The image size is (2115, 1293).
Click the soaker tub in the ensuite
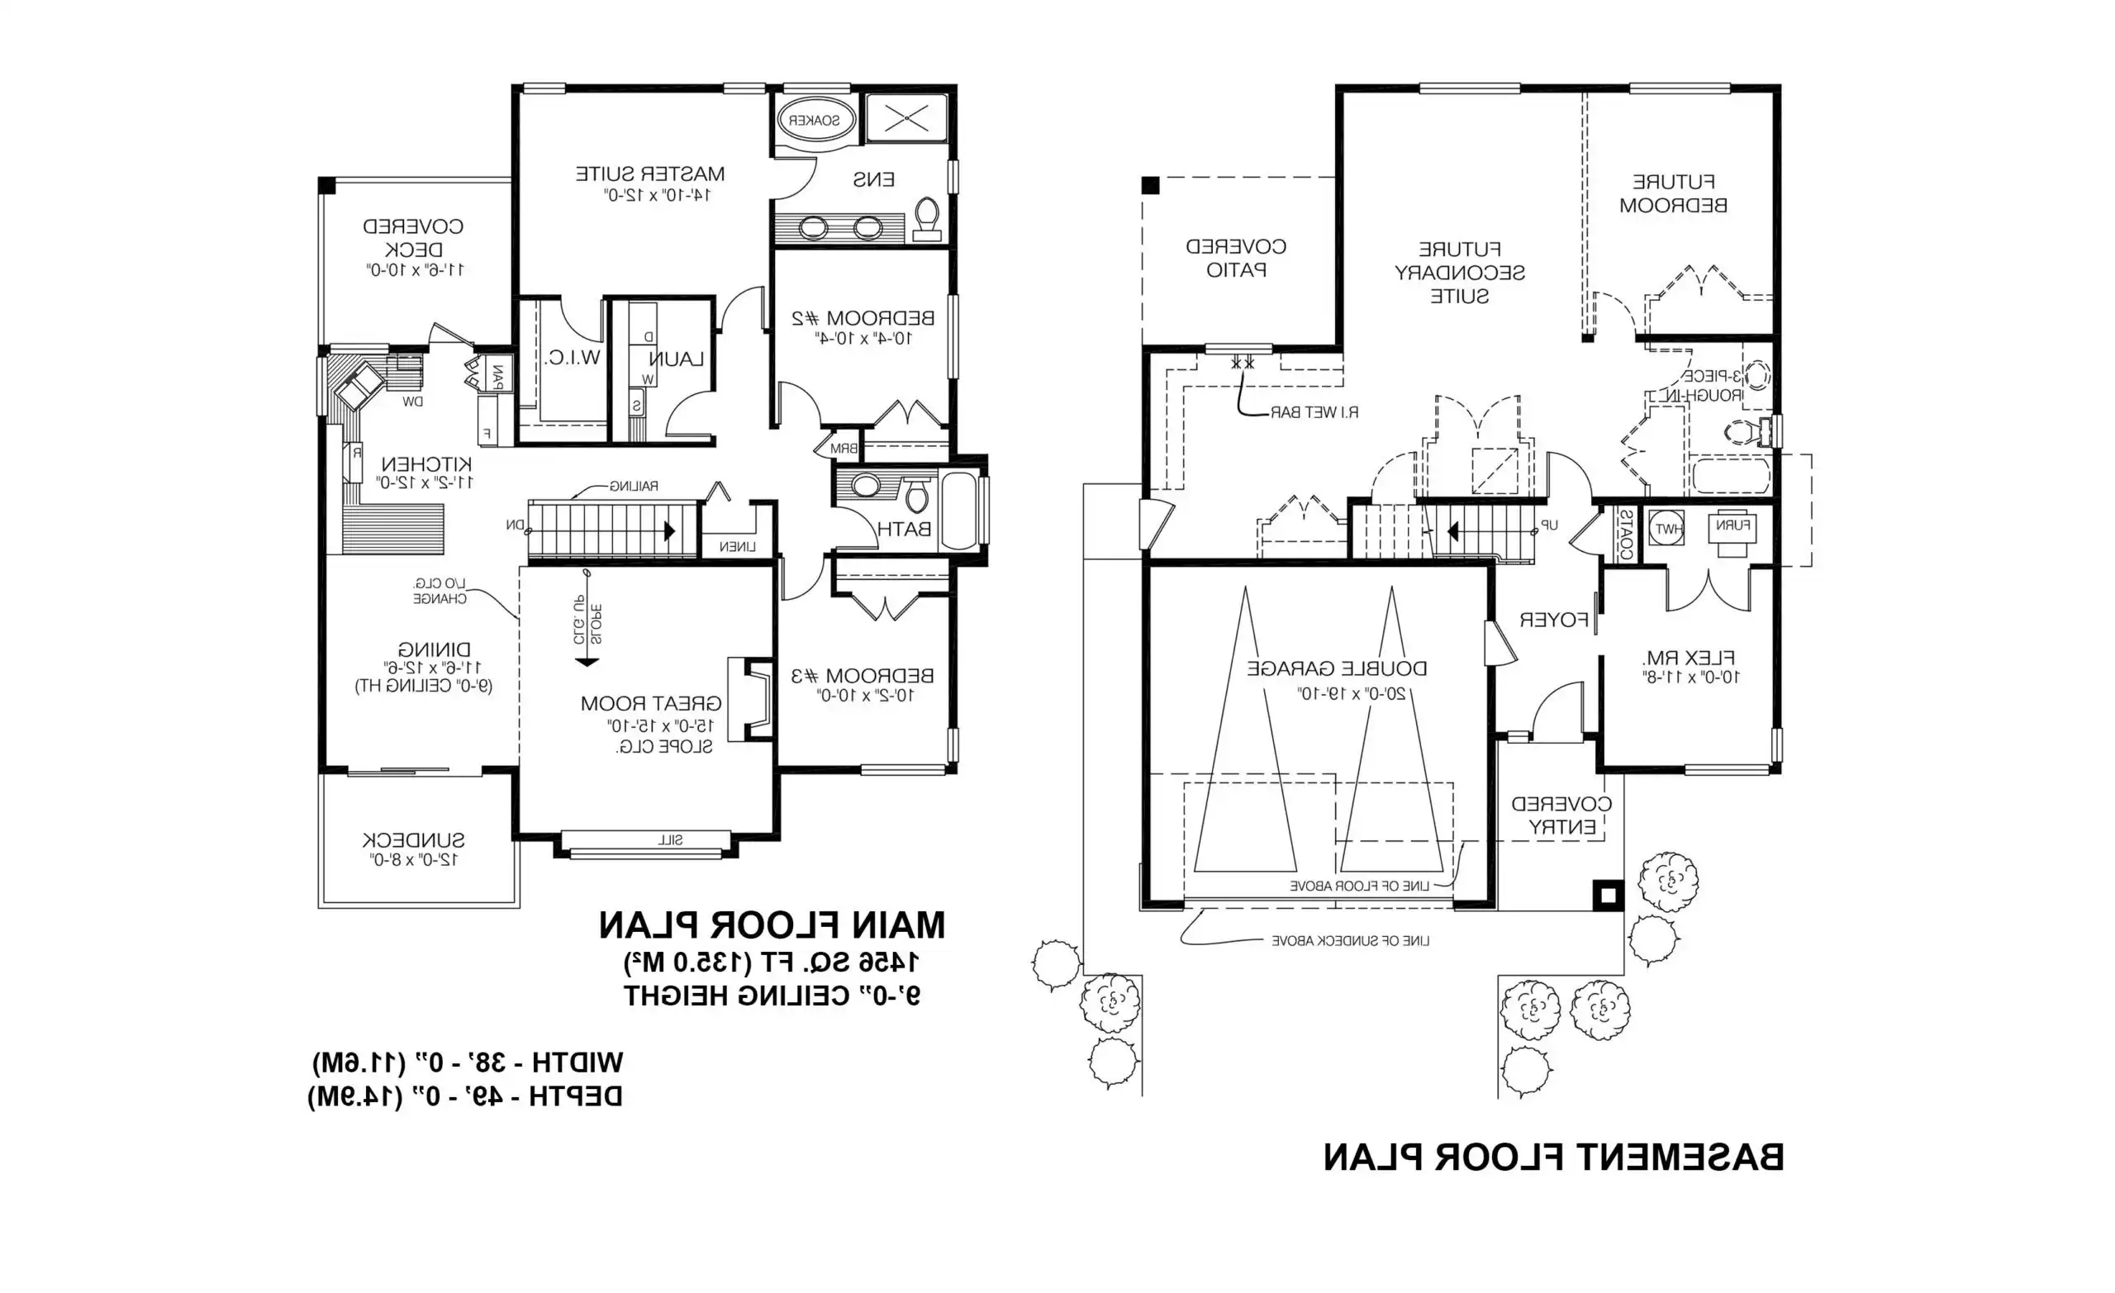[x=815, y=120]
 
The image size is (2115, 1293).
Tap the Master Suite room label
[x=649, y=174]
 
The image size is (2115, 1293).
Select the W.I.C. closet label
[x=572, y=358]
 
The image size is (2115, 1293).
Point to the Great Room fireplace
[x=750, y=699]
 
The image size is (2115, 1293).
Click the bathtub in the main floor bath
[x=959, y=510]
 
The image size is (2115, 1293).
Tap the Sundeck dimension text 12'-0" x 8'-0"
[x=415, y=859]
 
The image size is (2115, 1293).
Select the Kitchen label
[x=425, y=463]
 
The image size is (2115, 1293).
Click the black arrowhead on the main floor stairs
[x=669, y=531]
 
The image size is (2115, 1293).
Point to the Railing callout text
[x=634, y=486]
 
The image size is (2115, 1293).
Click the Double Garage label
[x=1337, y=668]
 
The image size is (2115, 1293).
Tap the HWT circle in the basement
[x=1667, y=529]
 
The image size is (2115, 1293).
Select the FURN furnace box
[x=1732, y=527]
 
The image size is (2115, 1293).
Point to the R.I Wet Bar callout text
[x=1314, y=413]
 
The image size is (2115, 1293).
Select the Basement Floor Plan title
[x=1552, y=1158]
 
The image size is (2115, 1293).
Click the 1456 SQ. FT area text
[x=771, y=963]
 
